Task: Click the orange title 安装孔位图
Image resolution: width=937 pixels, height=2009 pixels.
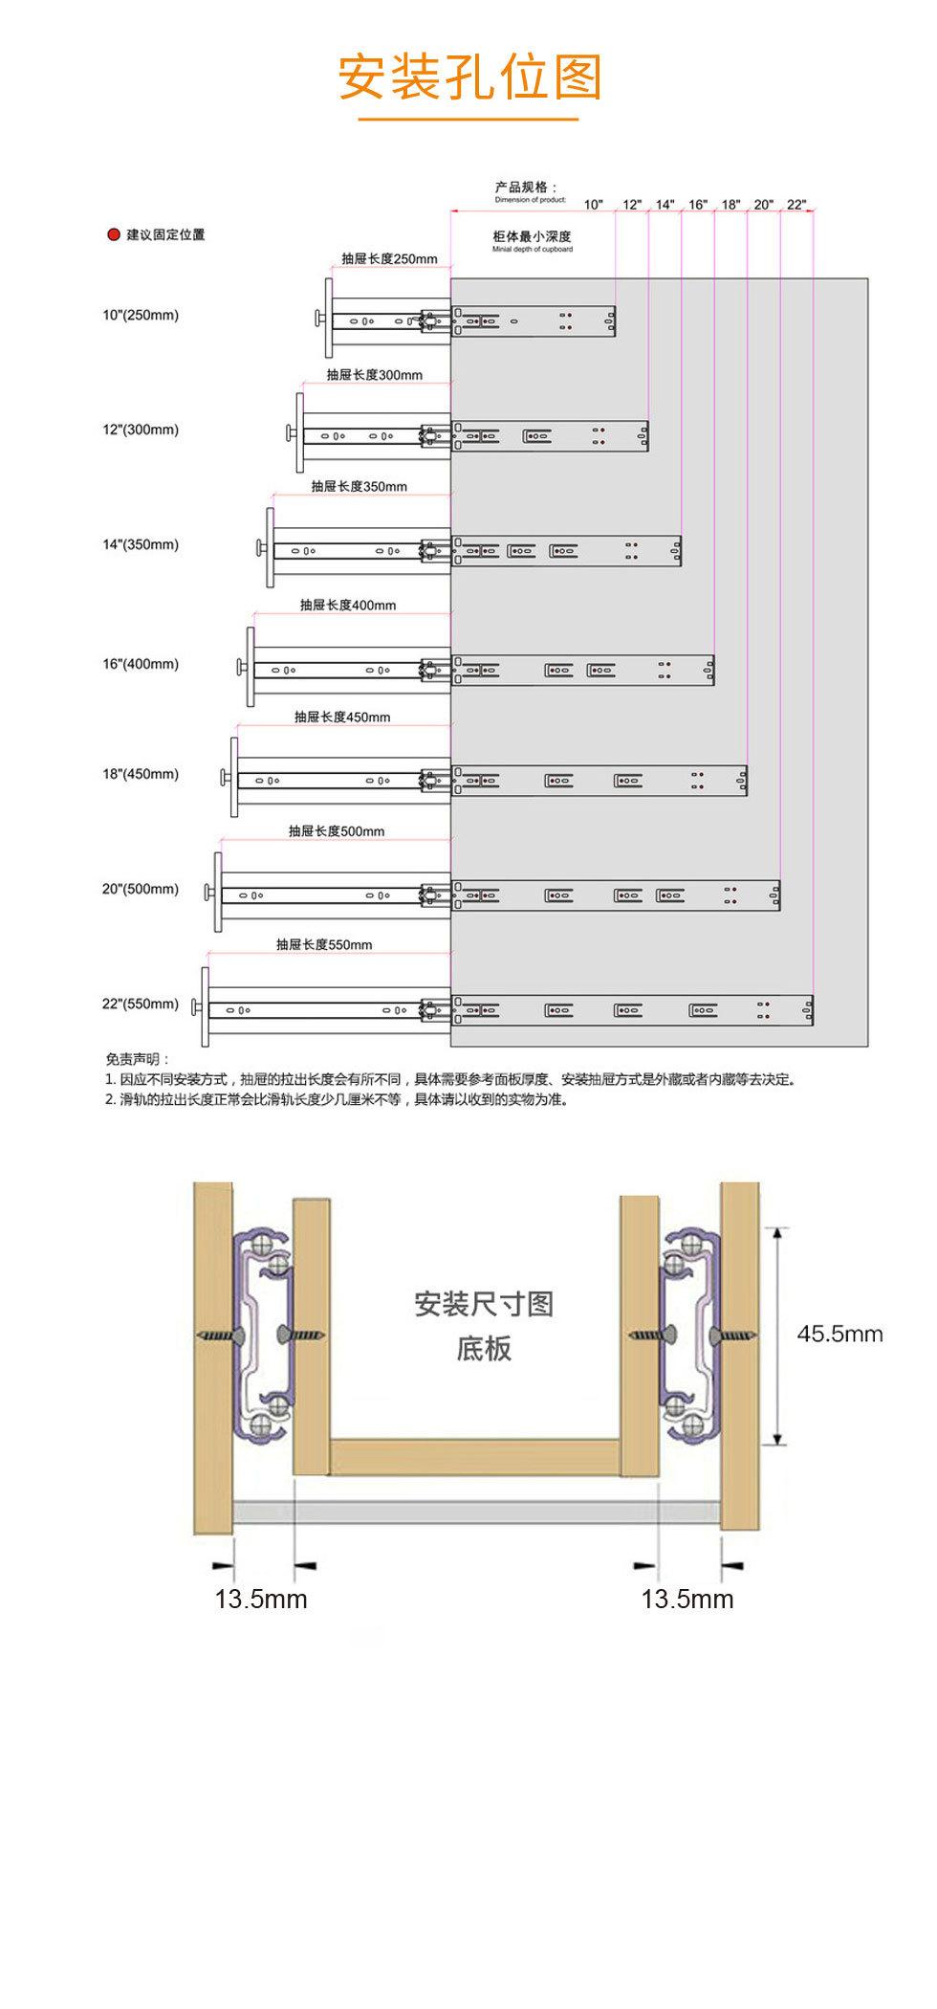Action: coord(469,78)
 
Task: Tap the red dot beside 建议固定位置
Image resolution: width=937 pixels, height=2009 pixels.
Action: coord(113,235)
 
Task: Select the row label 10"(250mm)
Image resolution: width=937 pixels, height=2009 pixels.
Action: coord(141,315)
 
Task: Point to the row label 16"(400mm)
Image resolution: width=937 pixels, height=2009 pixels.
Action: coord(141,664)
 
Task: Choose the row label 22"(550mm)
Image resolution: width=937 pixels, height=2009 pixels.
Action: coord(141,1004)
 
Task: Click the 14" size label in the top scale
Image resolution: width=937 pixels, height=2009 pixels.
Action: coord(665,205)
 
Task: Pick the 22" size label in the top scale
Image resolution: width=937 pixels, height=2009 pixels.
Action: coord(796,205)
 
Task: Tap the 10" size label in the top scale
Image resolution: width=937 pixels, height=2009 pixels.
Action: coord(594,205)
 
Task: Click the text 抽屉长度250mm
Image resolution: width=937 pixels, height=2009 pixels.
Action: coord(389,259)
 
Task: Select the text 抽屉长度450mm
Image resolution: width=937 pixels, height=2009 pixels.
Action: coord(342,717)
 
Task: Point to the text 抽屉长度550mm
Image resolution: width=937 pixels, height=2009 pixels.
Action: coord(324,945)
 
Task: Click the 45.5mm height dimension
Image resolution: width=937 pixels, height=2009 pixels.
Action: coord(839,1334)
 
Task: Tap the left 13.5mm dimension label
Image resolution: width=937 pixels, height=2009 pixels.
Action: coord(261,1600)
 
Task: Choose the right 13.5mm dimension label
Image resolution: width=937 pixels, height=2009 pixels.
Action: coord(687,1600)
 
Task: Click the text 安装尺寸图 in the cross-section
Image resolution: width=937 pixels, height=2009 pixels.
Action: coord(484,1304)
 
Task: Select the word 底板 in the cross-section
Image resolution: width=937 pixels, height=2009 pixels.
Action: coord(484,1349)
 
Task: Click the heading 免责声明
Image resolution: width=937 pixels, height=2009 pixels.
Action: coord(138,1059)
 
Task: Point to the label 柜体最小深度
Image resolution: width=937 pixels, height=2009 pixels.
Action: coord(532,236)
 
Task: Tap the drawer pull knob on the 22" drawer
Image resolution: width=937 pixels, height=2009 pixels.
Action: coord(195,1008)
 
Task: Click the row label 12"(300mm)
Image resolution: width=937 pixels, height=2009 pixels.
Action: coord(141,430)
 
